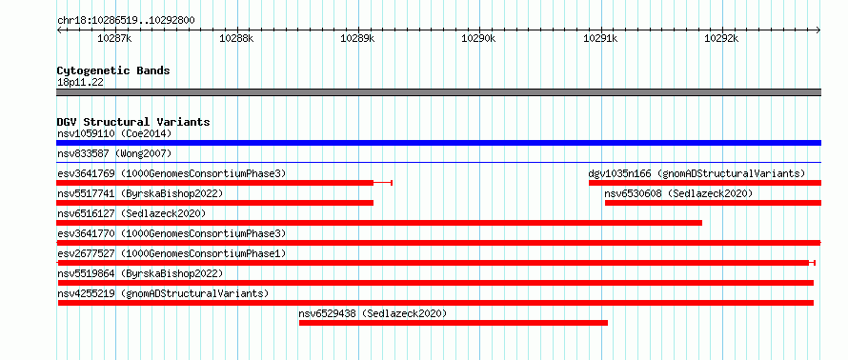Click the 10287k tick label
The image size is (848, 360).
[x=114, y=39]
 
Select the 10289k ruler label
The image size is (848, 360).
[x=357, y=39]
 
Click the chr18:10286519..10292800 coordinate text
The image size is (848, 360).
[x=126, y=21]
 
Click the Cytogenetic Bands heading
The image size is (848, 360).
[x=113, y=70]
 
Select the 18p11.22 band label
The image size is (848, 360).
[x=81, y=83]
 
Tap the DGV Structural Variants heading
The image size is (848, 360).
[x=133, y=122]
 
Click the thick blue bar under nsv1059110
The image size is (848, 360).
[x=438, y=143]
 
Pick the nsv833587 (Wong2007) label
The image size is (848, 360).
[x=114, y=154]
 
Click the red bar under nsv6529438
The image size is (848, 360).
[x=454, y=323]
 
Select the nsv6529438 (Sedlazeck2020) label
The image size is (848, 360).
[x=373, y=313]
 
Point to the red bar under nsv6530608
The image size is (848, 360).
[x=713, y=203]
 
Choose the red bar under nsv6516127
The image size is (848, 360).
[x=379, y=223]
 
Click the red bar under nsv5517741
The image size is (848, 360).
[x=214, y=203]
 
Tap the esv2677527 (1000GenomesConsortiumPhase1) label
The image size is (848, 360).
[x=172, y=253]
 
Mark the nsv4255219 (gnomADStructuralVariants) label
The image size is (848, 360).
[x=163, y=293]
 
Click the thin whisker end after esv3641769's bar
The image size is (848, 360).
[x=392, y=183]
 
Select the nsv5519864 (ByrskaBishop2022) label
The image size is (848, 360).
[x=140, y=273]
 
